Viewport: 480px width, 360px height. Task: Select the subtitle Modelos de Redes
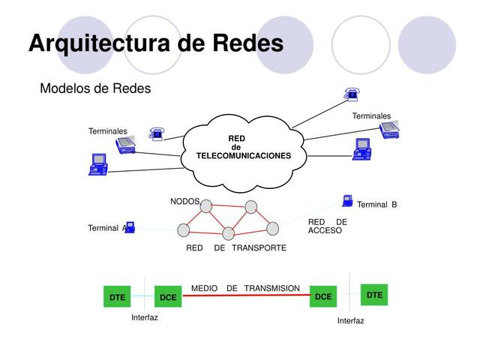point(95,88)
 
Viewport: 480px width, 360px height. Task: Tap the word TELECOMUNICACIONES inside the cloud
point(243,155)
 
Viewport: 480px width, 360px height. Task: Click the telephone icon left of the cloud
point(156,134)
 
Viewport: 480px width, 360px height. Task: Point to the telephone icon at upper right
point(351,93)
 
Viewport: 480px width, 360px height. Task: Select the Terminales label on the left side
point(108,131)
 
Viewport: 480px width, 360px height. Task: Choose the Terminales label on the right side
point(371,116)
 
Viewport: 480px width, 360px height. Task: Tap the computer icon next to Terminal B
point(347,200)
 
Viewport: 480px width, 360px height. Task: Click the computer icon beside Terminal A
point(130,226)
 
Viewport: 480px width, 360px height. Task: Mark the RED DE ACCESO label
point(327,226)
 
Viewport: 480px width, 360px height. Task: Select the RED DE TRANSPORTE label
point(235,247)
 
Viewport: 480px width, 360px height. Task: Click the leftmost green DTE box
point(117,298)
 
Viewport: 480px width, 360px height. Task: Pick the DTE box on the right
point(375,295)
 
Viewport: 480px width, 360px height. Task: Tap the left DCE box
point(168,298)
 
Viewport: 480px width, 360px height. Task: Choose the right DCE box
point(323,297)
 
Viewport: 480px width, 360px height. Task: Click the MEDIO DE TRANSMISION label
point(245,288)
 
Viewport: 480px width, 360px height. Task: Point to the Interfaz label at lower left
point(145,317)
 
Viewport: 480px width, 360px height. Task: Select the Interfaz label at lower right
point(350,320)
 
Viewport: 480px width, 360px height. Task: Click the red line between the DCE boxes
point(246,296)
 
